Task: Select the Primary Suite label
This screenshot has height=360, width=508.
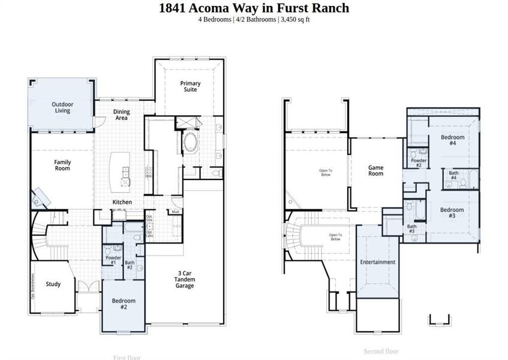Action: (x=190, y=86)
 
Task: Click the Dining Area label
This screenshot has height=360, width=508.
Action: (x=122, y=115)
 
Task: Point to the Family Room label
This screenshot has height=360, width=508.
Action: (x=62, y=165)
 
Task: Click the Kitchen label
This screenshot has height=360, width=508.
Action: (x=122, y=202)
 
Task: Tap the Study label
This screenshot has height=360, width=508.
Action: (x=53, y=284)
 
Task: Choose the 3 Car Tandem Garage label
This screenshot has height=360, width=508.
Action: (x=184, y=280)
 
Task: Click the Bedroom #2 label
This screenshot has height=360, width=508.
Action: (x=124, y=304)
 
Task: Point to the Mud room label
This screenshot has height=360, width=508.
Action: (x=176, y=212)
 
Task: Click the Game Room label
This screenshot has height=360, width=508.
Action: (x=375, y=170)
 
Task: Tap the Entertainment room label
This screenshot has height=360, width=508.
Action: (x=378, y=262)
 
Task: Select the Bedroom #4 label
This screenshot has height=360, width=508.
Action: (x=453, y=140)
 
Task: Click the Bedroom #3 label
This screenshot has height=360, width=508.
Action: (x=452, y=212)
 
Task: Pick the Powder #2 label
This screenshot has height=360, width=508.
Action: (x=419, y=162)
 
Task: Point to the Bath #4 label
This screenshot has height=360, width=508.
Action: (x=453, y=175)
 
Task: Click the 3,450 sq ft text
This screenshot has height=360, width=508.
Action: (x=296, y=19)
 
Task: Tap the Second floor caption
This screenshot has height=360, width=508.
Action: (x=381, y=351)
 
